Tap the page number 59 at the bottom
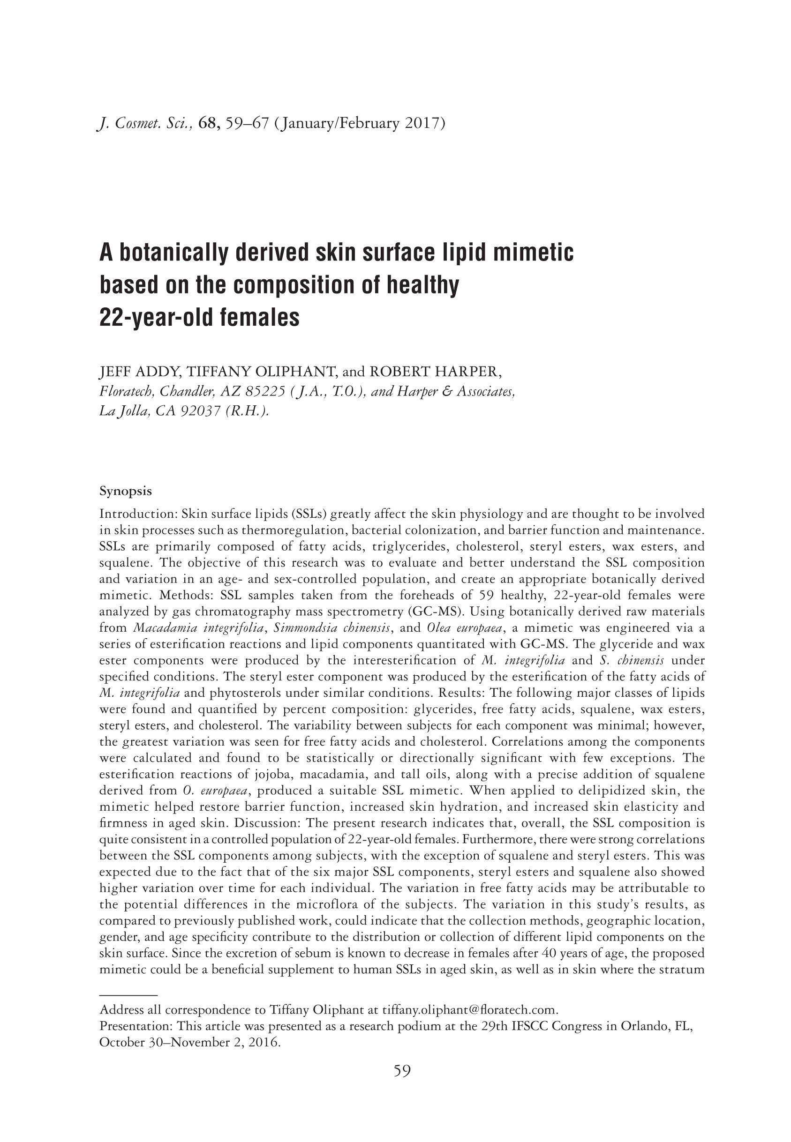pos(402,1071)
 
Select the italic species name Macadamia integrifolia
pos(198,628)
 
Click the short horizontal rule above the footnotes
pos(128,994)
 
